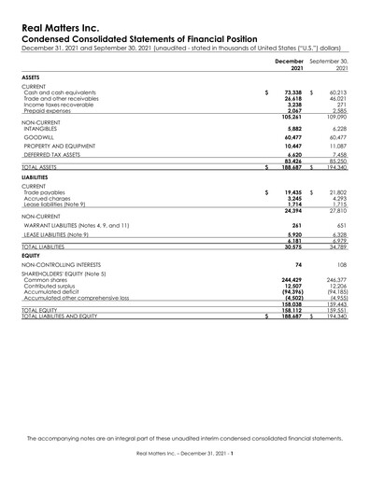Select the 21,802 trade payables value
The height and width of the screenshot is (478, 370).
tap(337, 192)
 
